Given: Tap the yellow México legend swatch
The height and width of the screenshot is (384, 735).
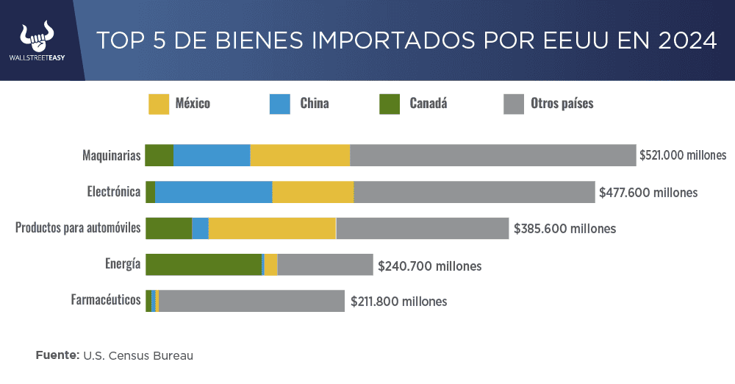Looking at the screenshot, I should (x=158, y=104).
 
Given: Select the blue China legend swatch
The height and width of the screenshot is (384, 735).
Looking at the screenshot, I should (x=281, y=104).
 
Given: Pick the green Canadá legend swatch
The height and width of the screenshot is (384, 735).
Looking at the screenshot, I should (x=390, y=104).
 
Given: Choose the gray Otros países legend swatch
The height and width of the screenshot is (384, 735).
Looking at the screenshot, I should (x=513, y=104).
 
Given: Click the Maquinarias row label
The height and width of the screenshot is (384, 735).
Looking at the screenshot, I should (x=111, y=155).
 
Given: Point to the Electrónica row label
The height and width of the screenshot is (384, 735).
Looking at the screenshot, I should (x=113, y=192).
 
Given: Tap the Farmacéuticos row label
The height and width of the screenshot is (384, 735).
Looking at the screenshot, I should (x=105, y=300).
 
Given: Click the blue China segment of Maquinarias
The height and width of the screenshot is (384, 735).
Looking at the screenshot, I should (x=212, y=155).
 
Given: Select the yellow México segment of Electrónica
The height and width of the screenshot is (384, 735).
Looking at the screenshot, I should (x=313, y=192).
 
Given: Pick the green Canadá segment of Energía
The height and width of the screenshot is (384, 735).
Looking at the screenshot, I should (x=204, y=264).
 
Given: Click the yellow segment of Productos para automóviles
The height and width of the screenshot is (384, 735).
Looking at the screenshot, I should (x=272, y=228).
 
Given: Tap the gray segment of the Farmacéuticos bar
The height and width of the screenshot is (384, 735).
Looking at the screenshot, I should (x=251, y=300).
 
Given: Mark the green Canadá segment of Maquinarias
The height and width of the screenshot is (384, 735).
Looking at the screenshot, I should (x=159, y=155).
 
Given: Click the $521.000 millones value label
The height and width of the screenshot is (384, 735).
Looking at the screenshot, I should (x=682, y=155).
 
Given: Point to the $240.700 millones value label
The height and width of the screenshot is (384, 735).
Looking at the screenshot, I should (x=429, y=266).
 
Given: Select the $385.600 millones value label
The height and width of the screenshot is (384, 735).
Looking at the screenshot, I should (x=564, y=229).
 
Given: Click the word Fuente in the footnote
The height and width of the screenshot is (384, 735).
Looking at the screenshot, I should (x=57, y=355).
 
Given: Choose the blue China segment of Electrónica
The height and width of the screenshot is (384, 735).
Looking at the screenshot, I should (x=213, y=192).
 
